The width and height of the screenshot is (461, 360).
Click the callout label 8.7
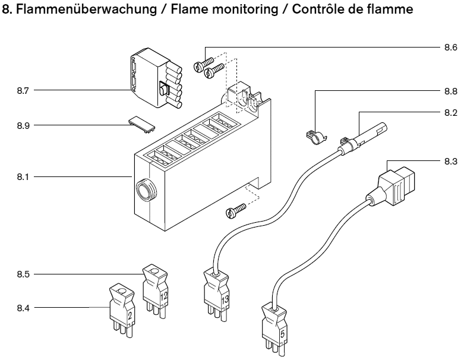pos(24,91)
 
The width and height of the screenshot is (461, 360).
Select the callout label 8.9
pos(24,126)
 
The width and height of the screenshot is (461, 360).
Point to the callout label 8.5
pos(24,274)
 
